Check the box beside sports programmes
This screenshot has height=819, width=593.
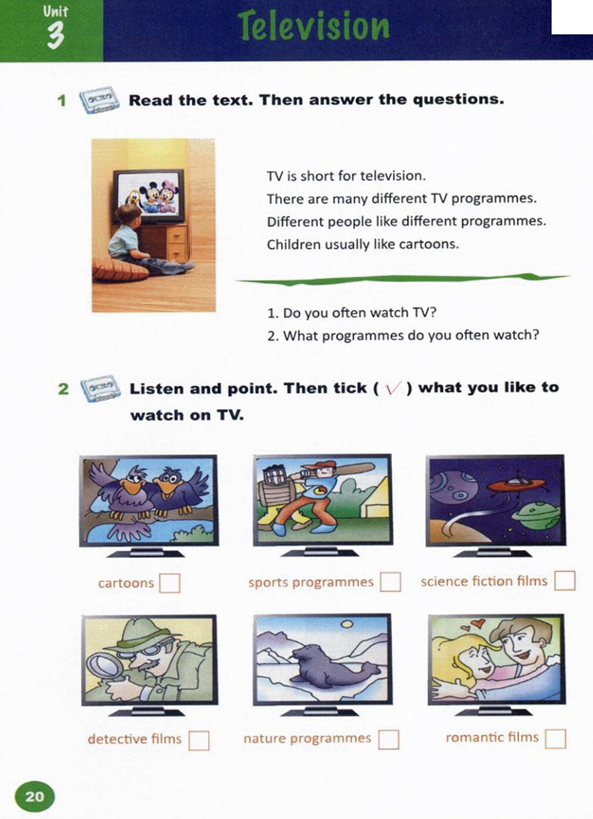[x=390, y=582]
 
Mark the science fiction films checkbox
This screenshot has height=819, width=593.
[x=565, y=581]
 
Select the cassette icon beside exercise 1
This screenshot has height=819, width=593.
[x=100, y=100]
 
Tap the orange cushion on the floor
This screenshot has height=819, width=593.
[x=120, y=270]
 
